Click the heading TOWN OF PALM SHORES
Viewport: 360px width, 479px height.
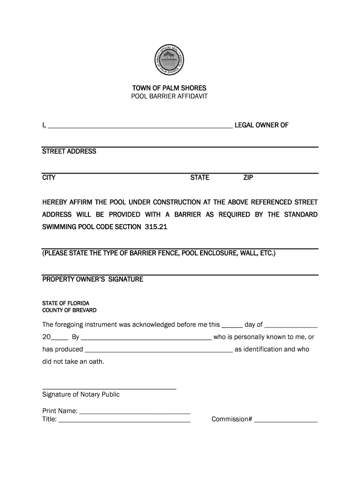point(169,88)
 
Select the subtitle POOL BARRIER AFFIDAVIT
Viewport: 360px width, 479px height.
point(169,96)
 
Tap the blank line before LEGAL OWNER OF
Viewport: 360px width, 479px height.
point(140,124)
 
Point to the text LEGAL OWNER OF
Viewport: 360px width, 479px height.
point(261,125)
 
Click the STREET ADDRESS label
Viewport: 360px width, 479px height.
point(69,152)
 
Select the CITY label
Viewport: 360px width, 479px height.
point(49,178)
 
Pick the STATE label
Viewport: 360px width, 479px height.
point(200,178)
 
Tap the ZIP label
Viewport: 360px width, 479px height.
point(248,178)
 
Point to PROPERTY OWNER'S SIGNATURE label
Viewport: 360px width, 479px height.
point(93,279)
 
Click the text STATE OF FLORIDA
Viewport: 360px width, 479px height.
point(65,303)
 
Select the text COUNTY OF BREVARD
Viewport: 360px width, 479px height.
point(69,310)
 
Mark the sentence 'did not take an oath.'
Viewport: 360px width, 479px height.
point(73,362)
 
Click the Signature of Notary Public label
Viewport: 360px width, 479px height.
point(81,394)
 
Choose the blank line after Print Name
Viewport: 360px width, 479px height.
point(135,412)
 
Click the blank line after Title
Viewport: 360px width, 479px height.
point(124,420)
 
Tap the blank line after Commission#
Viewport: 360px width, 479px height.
point(286,420)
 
